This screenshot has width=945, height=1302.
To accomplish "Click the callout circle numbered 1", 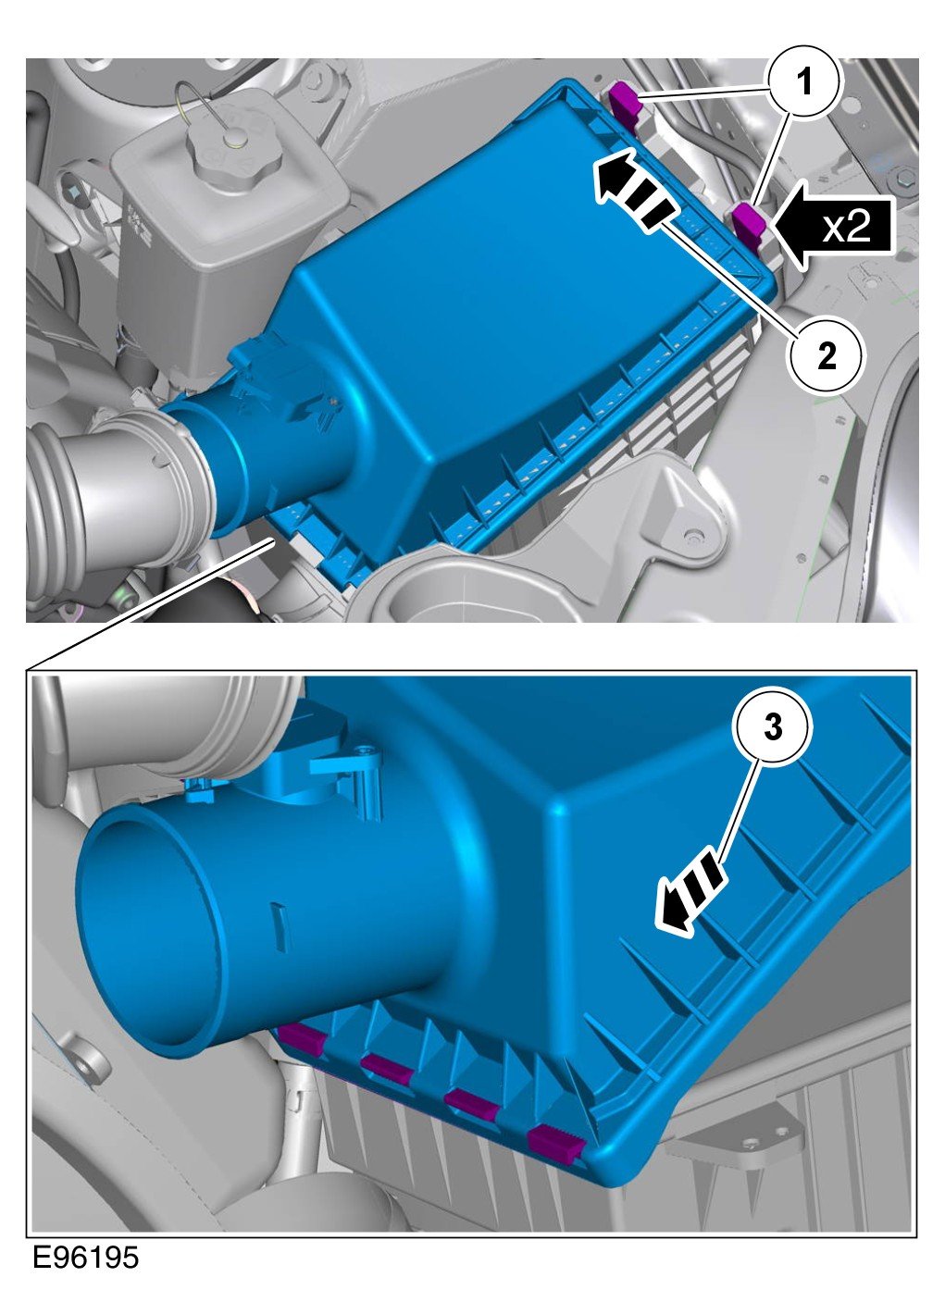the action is coord(804,82).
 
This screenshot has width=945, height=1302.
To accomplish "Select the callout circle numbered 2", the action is coord(826,355).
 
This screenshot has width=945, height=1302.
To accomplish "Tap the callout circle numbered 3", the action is coord(773,727).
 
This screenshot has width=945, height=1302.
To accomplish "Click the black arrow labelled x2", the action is coord(830,225).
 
